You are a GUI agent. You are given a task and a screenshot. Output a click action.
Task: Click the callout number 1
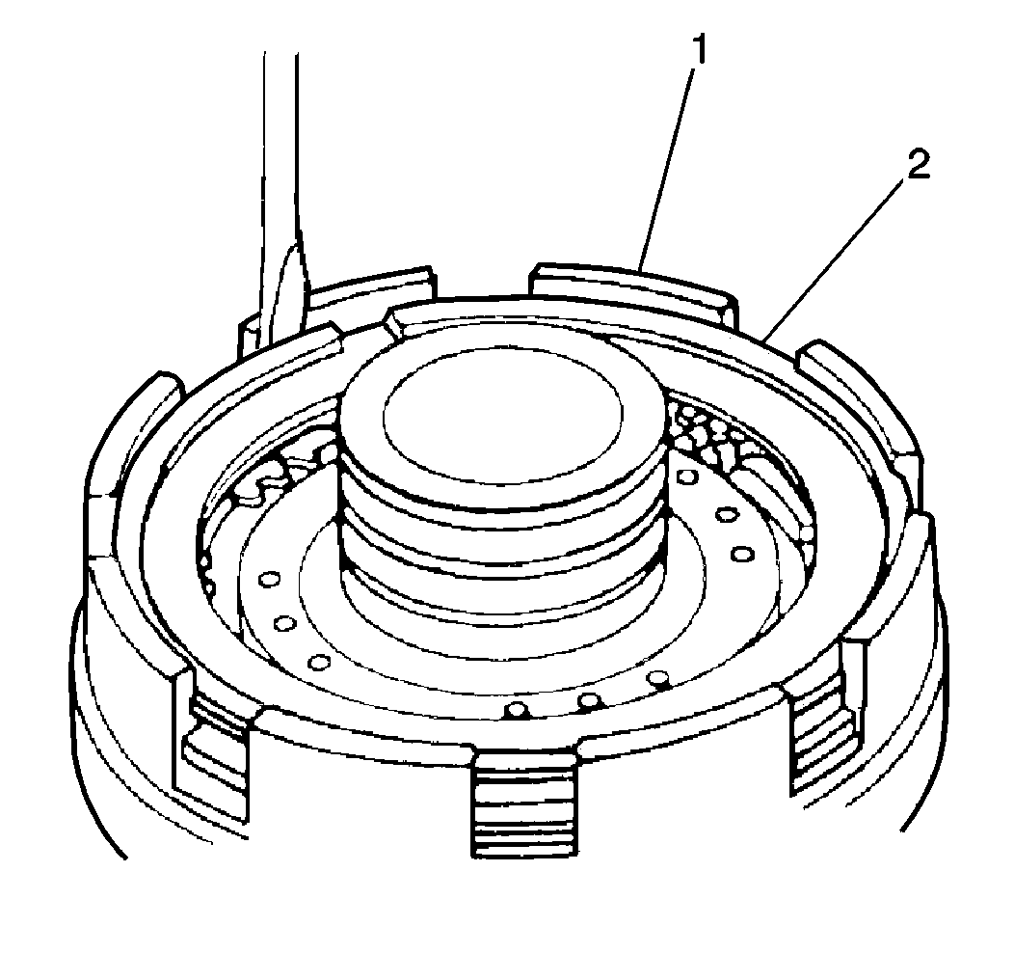699,49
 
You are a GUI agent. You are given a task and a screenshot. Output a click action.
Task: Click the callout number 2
919,166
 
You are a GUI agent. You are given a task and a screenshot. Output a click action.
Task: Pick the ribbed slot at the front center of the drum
523,803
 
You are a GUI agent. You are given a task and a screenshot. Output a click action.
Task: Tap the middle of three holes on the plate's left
284,623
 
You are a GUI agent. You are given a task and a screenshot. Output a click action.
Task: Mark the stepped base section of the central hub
502,592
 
